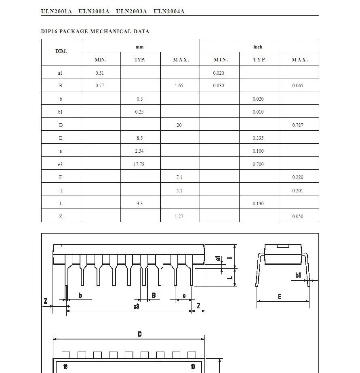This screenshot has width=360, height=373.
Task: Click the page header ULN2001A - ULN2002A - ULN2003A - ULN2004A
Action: [x=113, y=11]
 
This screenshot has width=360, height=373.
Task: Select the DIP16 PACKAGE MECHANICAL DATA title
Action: [x=95, y=31]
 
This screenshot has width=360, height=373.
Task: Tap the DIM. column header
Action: [x=61, y=51]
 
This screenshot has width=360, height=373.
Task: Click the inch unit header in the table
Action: [x=258, y=47]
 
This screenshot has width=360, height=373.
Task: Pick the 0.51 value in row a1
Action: [x=100, y=73]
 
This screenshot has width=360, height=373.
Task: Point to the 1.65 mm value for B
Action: [x=179, y=86]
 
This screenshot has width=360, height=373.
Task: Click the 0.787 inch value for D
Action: [x=297, y=125]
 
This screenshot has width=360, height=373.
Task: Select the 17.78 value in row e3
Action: [x=139, y=164]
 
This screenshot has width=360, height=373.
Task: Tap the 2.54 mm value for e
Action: [x=139, y=151]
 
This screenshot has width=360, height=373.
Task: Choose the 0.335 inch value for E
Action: [x=258, y=138]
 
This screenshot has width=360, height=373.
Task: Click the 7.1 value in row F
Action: [x=179, y=177]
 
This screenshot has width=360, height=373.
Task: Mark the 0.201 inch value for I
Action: [x=297, y=191]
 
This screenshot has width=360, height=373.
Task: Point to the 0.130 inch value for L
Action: [x=258, y=204]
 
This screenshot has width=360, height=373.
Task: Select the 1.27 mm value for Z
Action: [x=179, y=217]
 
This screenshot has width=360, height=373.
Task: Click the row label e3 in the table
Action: [x=61, y=164]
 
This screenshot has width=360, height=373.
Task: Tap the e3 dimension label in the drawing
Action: [x=137, y=307]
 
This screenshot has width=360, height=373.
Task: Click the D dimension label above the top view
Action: [x=140, y=334]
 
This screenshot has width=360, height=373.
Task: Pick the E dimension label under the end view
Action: [x=280, y=297]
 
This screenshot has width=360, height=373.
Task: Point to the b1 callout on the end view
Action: [x=298, y=275]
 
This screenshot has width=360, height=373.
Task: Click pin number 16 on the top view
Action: [x=65, y=367]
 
